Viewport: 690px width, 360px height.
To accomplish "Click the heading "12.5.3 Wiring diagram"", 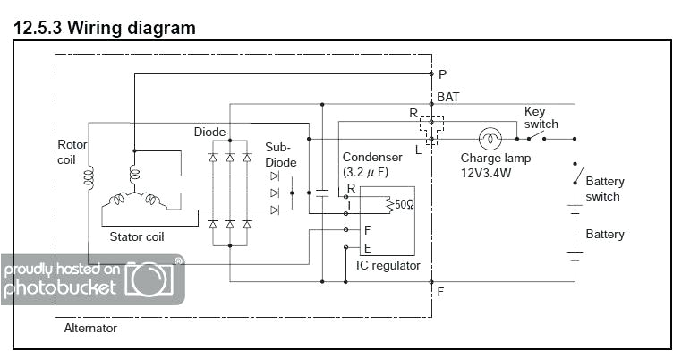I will [105, 28].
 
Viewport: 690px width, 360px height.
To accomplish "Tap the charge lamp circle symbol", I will [490, 139].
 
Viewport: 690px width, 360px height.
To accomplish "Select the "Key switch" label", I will [541, 117].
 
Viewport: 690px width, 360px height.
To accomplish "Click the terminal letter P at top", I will [442, 74].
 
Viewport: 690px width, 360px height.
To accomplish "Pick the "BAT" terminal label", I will [450, 95].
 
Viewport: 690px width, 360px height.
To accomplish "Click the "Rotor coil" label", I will [72, 150].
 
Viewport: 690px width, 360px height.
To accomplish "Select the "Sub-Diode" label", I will [280, 155].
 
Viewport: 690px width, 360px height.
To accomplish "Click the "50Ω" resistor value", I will [405, 203].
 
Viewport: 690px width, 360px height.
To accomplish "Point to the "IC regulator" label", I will [387, 266].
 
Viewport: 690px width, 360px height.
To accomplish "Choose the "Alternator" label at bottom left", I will [90, 328].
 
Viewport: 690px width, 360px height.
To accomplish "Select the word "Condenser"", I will [372, 157].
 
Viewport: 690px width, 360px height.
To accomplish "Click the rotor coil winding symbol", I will [89, 178].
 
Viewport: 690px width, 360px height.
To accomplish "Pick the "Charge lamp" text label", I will [495, 159].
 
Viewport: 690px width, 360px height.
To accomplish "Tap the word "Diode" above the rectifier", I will [209, 132].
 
